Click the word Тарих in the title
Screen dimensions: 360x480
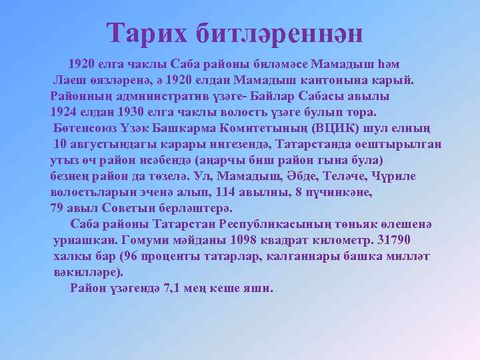coord(147,32)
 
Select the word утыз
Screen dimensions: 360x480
coord(64,160)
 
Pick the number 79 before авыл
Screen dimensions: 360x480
coord(58,209)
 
